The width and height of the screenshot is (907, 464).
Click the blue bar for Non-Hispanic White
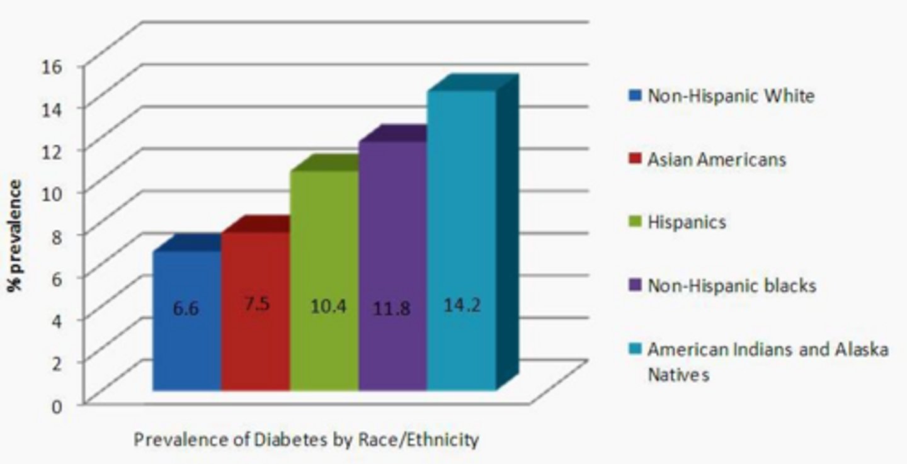pos(187,340)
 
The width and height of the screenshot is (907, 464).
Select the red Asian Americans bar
pos(256,340)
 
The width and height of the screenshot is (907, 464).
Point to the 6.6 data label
pos(186,309)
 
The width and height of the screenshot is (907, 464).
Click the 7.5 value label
pos(256,304)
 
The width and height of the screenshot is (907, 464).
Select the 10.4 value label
pos(328,307)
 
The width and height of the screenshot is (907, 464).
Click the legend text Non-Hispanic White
pos(731,96)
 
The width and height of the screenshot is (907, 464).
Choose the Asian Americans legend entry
pos(717,159)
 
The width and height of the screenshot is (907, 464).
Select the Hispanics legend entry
pos(687,222)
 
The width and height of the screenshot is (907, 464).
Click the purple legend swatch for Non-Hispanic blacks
pos(635,285)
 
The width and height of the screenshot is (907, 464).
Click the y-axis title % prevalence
pos(15,235)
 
